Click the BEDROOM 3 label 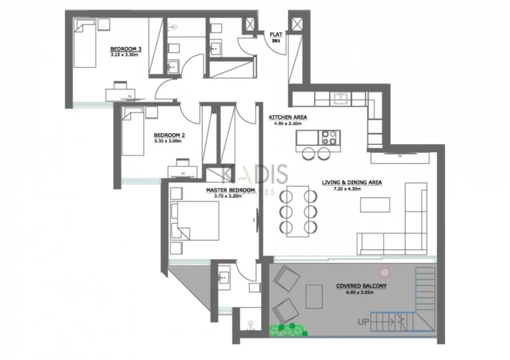126,49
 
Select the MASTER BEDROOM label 230,190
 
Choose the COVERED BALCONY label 361,286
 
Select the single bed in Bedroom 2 133,133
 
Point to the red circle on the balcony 384,272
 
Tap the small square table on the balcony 313,296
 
